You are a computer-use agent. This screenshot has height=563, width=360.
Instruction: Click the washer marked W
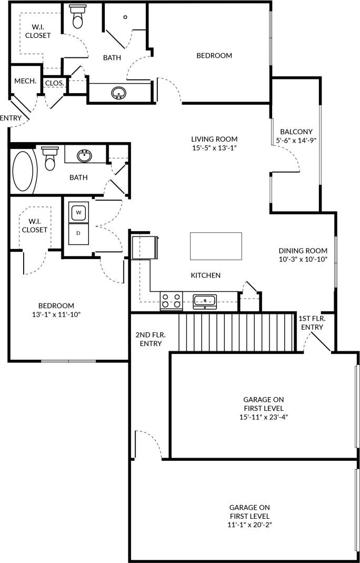coord(78,212)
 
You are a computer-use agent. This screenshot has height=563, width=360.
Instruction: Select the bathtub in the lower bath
coord(23,171)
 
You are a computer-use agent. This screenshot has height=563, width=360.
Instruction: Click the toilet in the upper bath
coord(78,17)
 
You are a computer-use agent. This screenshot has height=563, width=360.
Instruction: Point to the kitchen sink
coord(204,301)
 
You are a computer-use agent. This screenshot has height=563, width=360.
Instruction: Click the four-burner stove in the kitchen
coord(171,301)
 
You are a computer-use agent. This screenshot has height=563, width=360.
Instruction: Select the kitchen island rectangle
coord(216,246)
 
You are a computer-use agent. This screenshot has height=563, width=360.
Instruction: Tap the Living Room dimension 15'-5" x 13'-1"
coord(214,149)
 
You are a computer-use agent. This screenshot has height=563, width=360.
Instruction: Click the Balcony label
coord(296,132)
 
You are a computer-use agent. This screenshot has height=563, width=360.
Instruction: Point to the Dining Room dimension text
coord(303,260)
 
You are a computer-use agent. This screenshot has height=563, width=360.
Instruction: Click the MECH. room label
coord(25,81)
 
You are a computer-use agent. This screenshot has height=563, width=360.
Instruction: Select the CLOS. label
coord(55,83)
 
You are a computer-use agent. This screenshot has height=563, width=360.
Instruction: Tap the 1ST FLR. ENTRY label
coord(312,323)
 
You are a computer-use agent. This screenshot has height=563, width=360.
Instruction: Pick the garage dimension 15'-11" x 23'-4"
coord(264,417)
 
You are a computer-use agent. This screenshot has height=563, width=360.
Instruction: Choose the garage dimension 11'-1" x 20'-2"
coord(249,525)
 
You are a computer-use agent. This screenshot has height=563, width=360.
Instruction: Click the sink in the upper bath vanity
coord(119,93)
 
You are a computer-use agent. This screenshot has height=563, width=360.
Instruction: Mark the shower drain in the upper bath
coord(125,17)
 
